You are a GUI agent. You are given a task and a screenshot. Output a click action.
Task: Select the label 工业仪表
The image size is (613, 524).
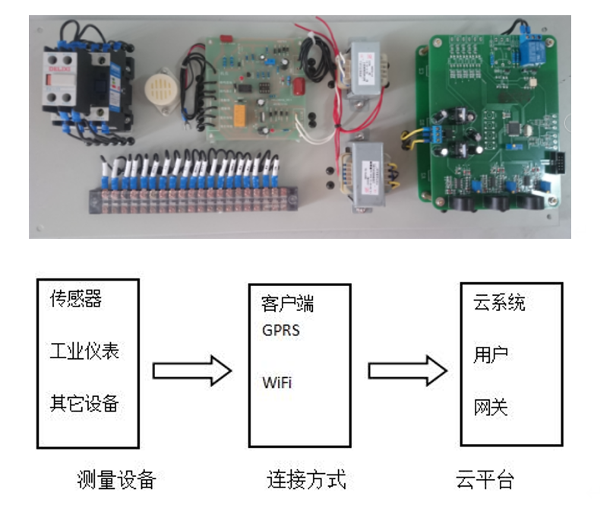84,352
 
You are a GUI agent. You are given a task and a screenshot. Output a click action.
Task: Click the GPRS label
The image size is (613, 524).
281,332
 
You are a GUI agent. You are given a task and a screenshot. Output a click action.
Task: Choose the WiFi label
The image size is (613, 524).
276,382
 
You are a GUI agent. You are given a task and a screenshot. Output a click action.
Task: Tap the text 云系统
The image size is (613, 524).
498,303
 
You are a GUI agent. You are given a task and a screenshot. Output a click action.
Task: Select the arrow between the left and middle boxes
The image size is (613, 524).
191,371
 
